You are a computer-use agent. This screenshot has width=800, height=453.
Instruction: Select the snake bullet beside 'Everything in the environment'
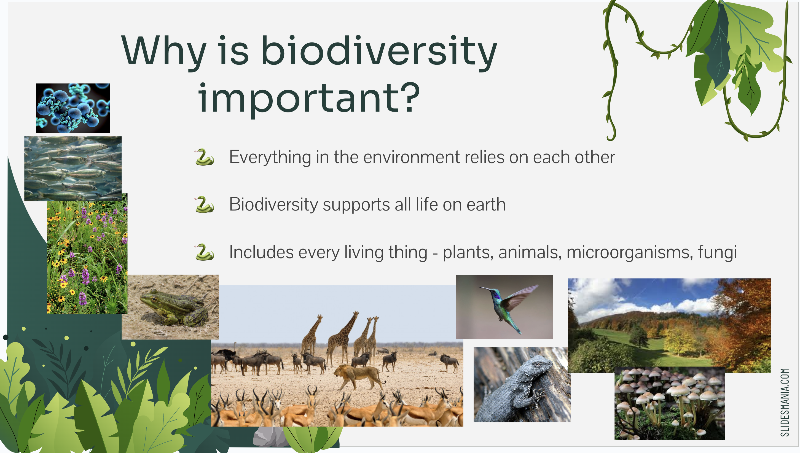205,157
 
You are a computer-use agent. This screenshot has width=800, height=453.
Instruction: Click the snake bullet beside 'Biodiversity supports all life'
205,204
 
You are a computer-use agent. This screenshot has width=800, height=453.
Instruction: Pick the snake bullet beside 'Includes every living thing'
205,252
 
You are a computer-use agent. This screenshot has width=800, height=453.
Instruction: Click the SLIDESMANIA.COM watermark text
785,402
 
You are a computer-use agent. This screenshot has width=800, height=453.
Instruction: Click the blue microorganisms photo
73,108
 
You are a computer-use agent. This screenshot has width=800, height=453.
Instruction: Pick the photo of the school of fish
73,169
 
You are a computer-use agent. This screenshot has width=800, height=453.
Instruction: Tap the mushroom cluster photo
669,403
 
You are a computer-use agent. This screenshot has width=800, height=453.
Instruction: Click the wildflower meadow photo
87,254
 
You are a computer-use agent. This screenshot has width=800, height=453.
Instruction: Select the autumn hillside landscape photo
669,325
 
